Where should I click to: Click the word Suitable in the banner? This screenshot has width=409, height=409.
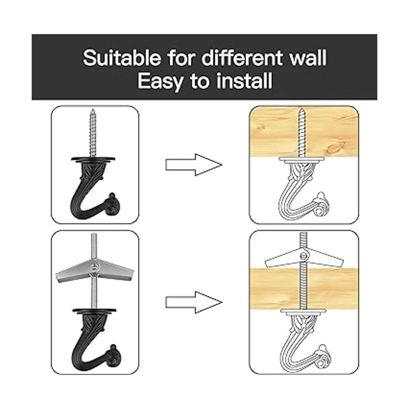coord(122,58)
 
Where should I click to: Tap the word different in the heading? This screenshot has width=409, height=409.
coord(242,57)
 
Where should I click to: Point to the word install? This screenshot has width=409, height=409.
coord(244,81)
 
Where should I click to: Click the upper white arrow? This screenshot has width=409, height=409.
coord(194,165)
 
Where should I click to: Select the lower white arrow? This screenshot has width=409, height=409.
coord(194,302)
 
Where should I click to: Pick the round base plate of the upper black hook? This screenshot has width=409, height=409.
coord(93,159)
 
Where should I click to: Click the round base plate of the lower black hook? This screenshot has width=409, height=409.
coord(94,310)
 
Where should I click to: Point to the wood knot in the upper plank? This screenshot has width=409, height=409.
coord(335,148)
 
